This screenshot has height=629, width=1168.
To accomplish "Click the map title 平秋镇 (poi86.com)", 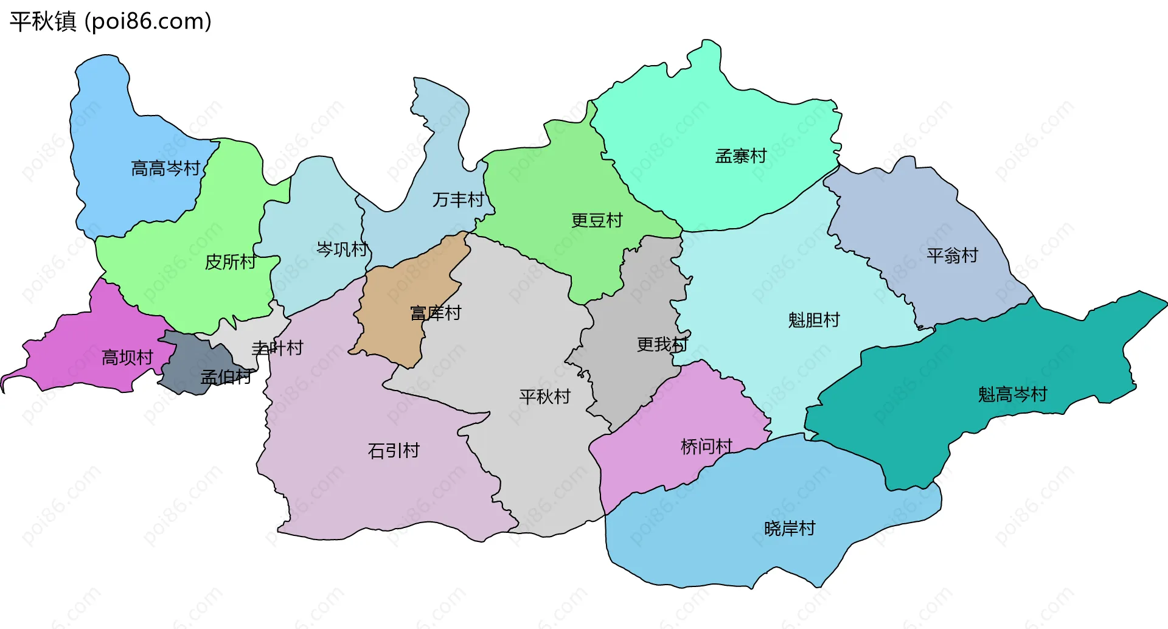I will click(111, 21).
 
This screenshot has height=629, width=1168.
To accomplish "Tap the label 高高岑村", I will click(165, 169).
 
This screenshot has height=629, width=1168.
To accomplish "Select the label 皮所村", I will click(230, 262).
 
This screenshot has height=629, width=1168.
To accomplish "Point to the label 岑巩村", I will click(342, 249).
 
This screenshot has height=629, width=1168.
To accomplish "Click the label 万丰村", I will click(457, 200).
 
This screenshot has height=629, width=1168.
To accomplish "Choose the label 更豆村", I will click(597, 220).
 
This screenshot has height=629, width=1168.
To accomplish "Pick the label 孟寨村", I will click(740, 156).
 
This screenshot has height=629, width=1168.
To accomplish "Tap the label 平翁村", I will click(952, 255).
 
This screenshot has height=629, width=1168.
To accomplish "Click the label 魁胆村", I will click(813, 320).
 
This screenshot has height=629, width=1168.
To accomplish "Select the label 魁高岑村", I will click(1012, 395).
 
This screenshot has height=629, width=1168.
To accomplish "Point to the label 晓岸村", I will click(789, 529).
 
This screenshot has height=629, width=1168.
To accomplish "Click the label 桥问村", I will click(706, 447).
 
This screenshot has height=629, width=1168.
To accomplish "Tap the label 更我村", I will click(662, 345).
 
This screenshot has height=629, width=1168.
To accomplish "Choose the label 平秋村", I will click(544, 397).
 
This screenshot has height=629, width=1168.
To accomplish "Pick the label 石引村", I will click(394, 451).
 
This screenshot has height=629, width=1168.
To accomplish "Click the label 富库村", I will click(436, 313).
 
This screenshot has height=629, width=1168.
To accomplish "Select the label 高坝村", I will click(127, 358).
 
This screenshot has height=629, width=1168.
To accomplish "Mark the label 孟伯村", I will click(226, 377).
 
